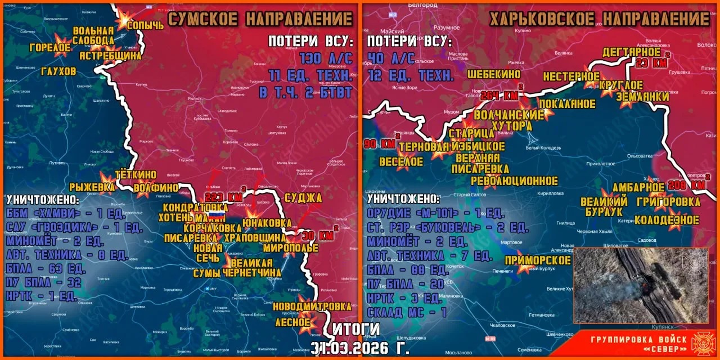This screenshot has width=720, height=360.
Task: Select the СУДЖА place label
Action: coord(303,197)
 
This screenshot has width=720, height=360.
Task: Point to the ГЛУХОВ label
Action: coord(58,71)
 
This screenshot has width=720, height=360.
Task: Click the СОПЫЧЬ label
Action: coord(145,25)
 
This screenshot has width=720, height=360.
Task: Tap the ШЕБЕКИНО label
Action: coord(494,74)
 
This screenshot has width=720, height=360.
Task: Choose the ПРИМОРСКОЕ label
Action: coord(538,260)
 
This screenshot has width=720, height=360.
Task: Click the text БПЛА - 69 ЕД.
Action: coord(46,268)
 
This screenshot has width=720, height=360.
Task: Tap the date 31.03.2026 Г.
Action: coord(361,348)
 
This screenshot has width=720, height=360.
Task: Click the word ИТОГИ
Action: coord(356,328)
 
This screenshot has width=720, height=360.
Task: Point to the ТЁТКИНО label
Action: coord(135,175)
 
